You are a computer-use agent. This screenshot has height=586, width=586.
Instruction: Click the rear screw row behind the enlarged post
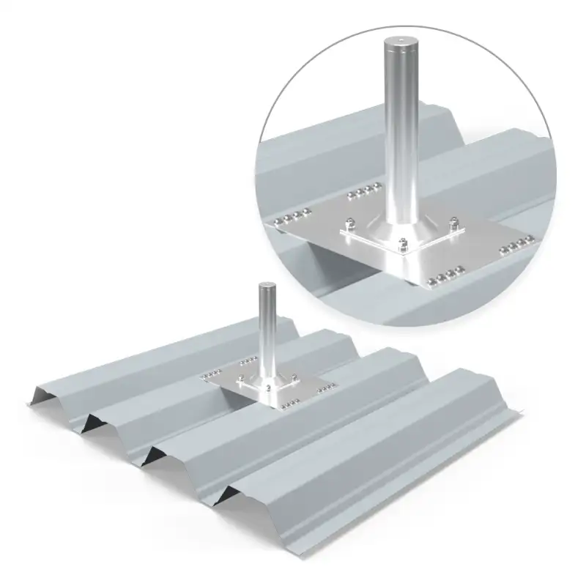click(x=362, y=192)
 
